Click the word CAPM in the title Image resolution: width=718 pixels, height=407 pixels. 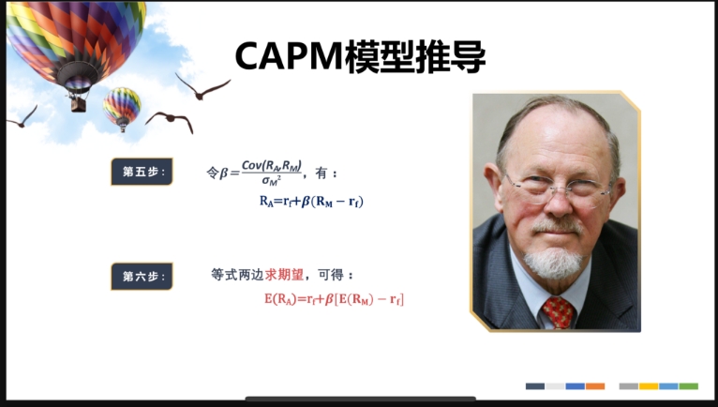pos(289,56)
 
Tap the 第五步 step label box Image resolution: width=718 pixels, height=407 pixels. pos(142,172)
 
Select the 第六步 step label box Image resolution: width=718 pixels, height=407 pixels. pos(142,277)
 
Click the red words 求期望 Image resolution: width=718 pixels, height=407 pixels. pos(284,275)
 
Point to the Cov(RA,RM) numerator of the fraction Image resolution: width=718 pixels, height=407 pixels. pos(272,165)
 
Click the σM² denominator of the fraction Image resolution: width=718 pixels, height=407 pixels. pos(271,181)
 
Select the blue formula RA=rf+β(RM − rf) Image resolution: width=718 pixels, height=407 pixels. pos(311,202)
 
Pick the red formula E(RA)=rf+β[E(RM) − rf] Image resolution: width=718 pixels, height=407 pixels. pos(334,299)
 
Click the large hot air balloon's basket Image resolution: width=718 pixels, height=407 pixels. pos(79,105)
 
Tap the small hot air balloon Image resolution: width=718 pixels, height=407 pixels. pos(122,109)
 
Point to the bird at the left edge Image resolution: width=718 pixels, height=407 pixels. pos(22,117)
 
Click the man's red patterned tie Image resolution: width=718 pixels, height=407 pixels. pos(558,312)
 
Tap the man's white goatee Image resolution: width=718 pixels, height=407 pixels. pos(553,263)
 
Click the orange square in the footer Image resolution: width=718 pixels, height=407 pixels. pos(595,386)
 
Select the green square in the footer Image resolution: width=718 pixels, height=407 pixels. pos(689,386)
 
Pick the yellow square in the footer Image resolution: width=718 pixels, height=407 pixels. pos(649,386)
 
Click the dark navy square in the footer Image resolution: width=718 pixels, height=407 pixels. pos(535,386)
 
